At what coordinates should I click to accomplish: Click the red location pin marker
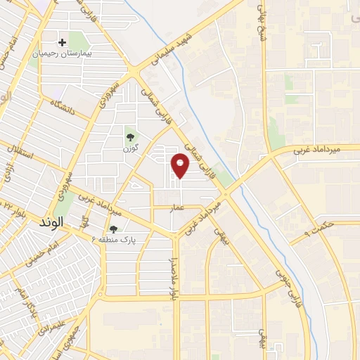coord(181,165)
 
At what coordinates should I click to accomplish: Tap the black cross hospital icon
coord(63,43)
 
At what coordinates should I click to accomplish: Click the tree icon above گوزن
coord(129,136)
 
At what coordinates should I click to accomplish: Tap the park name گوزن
coord(129,148)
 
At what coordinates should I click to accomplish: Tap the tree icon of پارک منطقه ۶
coord(113,229)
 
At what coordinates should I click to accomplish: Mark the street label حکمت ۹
coord(317,228)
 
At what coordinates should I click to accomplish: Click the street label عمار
coord(177,207)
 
